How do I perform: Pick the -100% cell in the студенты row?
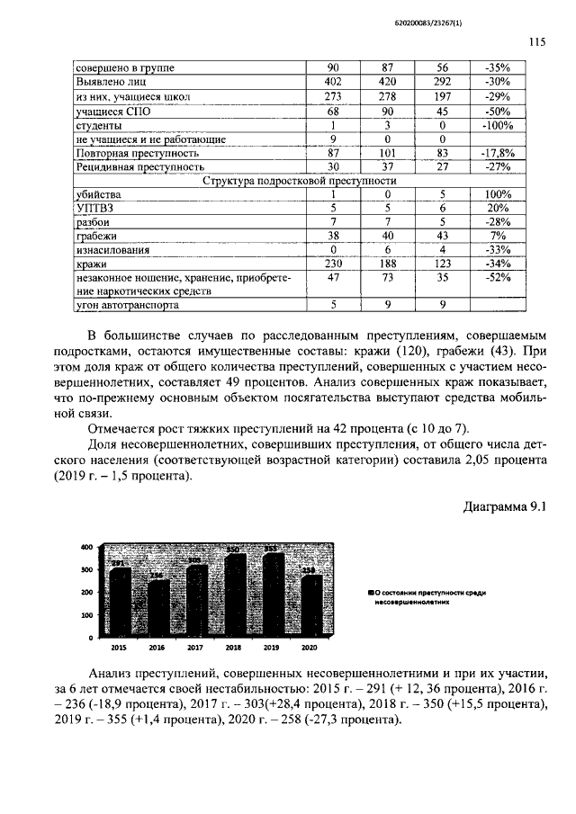click(x=498, y=125)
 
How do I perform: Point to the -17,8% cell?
click(x=498, y=154)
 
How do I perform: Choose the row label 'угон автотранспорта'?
click(x=121, y=305)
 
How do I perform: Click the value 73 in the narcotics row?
click(x=388, y=279)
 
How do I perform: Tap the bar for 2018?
click(x=234, y=594)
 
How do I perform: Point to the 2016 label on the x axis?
click(x=157, y=647)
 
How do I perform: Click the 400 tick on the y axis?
click(x=86, y=547)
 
